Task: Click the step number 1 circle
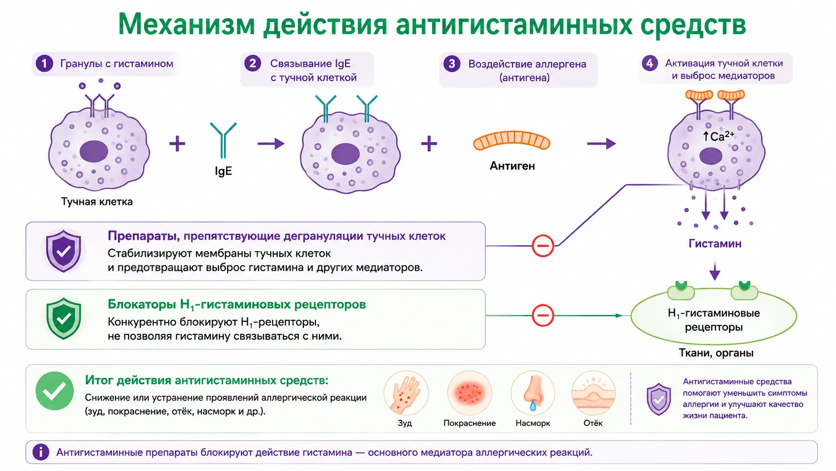pyautogui.click(x=44, y=64)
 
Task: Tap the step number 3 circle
pyautogui.click(x=452, y=64)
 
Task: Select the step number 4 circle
pyautogui.click(x=650, y=63)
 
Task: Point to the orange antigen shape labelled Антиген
pyautogui.click(x=511, y=140)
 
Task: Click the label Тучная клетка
pyautogui.click(x=97, y=202)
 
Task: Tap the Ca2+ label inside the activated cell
pyautogui.click(x=719, y=136)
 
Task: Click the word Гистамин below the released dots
pyautogui.click(x=714, y=244)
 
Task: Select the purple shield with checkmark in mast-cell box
pyautogui.click(x=63, y=251)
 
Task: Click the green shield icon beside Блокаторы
pyautogui.click(x=63, y=318)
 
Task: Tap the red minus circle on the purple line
pyautogui.click(x=542, y=245)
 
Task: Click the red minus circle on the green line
pyautogui.click(x=542, y=315)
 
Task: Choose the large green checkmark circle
pyautogui.click(x=54, y=391)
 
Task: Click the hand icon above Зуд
pyautogui.click(x=406, y=393)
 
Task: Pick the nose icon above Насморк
pyautogui.click(x=532, y=393)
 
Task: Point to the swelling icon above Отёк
pyautogui.click(x=593, y=393)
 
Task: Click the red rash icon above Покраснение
pyautogui.click(x=469, y=393)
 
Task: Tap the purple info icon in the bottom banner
pyautogui.click(x=40, y=452)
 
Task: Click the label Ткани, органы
pyautogui.click(x=716, y=353)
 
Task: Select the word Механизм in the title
pyautogui.click(x=186, y=24)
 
